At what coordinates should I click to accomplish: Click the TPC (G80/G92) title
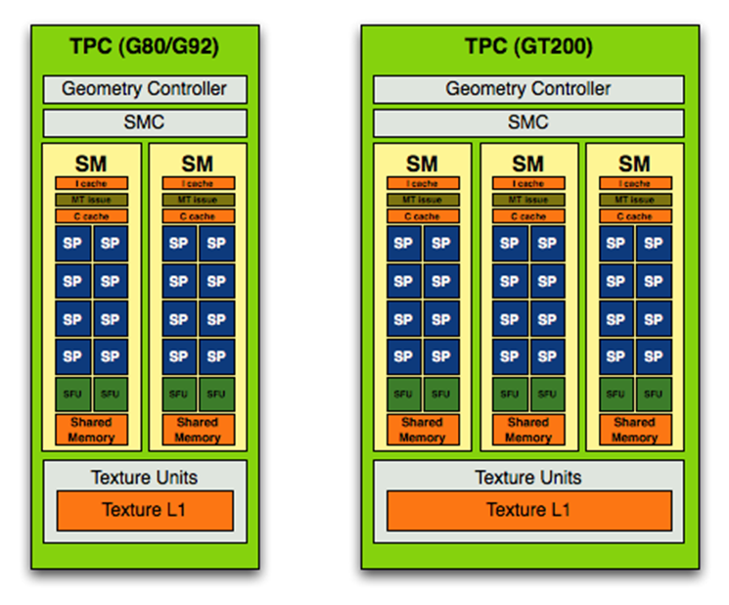point(145,46)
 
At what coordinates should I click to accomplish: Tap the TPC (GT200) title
point(528,46)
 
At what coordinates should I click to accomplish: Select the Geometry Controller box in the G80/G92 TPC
point(145,89)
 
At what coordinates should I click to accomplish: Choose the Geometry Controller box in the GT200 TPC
point(528,89)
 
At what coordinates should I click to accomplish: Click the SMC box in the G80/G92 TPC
point(145,122)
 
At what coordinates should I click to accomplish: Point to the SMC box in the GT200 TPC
point(528,122)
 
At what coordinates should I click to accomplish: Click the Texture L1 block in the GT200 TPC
point(528,510)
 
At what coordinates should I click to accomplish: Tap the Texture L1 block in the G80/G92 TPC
point(145,510)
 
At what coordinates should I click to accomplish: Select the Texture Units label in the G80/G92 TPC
point(145,478)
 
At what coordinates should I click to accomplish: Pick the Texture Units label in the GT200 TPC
point(528,478)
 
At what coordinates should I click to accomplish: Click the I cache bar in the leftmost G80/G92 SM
point(91,183)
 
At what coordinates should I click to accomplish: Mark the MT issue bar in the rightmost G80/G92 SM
point(198,200)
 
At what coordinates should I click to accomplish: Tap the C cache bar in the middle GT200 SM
point(528,216)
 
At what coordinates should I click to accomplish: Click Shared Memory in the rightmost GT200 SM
point(634,430)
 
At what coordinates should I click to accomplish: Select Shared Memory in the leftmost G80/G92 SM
point(91,430)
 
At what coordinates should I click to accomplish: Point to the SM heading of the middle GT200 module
point(528,163)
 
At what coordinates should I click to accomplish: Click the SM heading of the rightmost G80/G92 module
point(198,163)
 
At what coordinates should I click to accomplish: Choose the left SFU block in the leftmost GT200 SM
point(403,394)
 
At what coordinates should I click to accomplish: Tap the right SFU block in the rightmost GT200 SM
point(653,394)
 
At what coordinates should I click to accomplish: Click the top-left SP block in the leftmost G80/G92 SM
point(72,243)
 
